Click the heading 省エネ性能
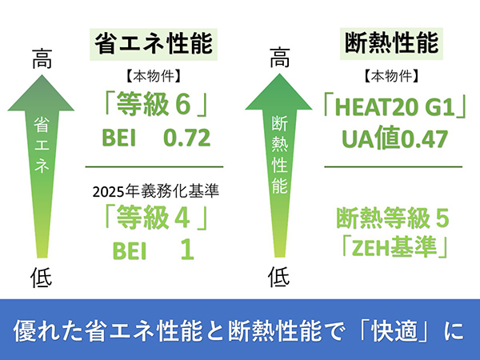point(154,44)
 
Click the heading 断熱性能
point(391,43)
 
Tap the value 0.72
point(186,138)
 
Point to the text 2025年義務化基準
point(155,191)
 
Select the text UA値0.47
point(394,138)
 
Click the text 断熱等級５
point(393,218)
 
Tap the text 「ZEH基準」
point(394,246)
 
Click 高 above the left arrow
point(42,58)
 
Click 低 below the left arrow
point(42,278)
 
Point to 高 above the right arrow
point(279,58)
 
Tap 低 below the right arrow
point(278,277)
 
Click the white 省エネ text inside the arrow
point(42,145)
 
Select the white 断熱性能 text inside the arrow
point(279,155)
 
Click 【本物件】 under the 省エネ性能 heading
point(154,76)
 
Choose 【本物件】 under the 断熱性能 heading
point(391,76)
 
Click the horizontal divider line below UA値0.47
point(393,167)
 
